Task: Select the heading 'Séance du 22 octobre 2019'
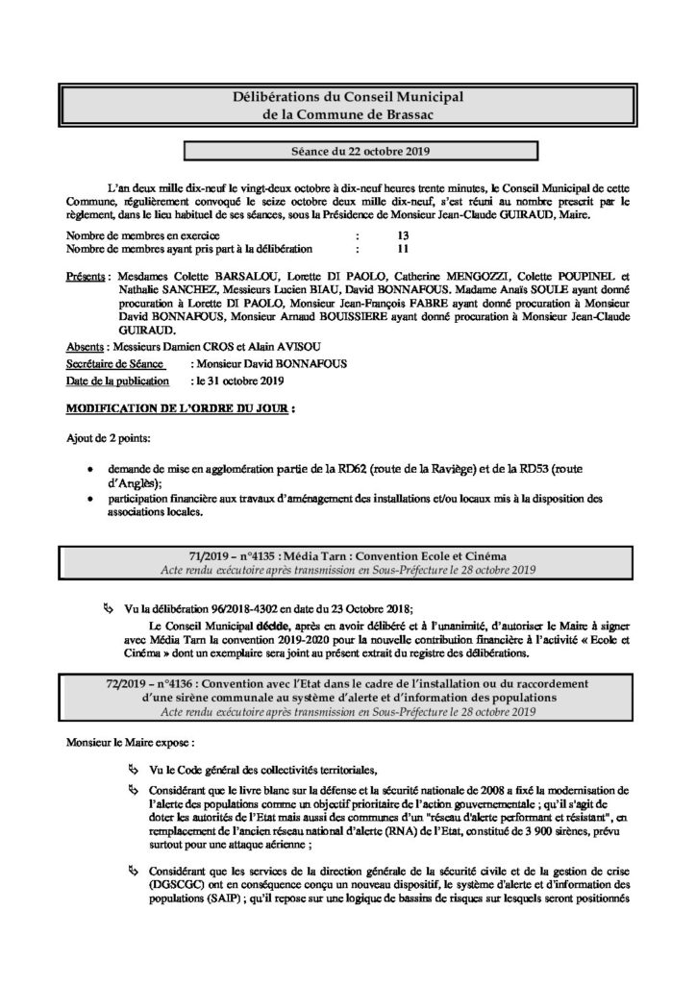[348, 152]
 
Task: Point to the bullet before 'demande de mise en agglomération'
[89, 468]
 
